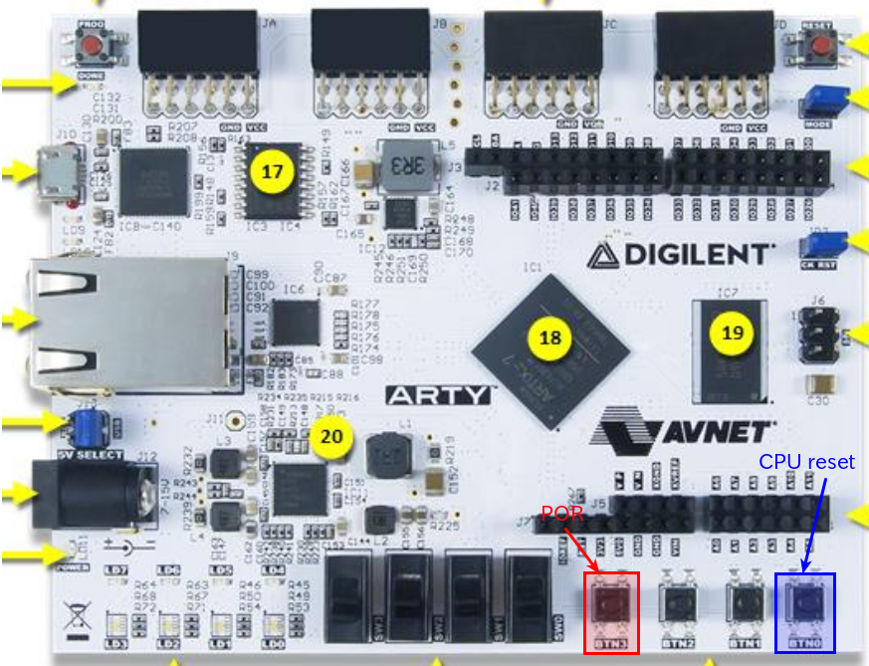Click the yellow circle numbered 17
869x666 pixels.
[x=272, y=171]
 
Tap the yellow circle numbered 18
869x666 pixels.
[x=549, y=337]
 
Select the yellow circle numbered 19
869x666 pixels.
[x=733, y=333]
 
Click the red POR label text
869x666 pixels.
[x=556, y=515]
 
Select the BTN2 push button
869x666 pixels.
[x=677, y=603]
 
